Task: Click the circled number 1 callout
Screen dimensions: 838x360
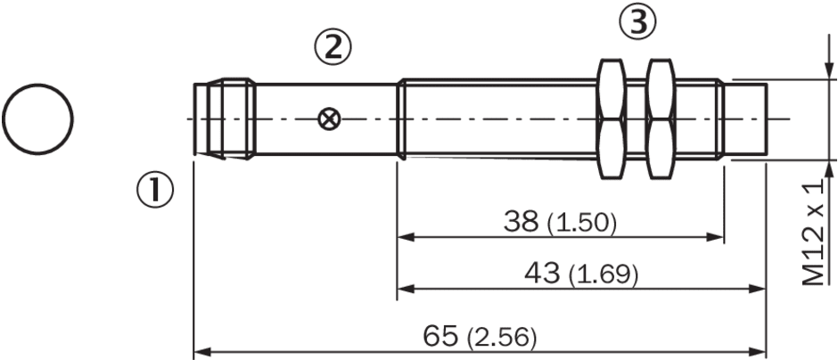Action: pos(153,192)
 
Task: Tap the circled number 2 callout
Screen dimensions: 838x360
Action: pos(333,46)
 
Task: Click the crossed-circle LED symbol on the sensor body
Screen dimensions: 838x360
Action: pos(328,119)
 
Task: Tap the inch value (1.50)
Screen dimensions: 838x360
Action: pos(582,224)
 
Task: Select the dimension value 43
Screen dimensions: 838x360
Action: pos(541,274)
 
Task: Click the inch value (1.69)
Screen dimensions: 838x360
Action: pos(604,275)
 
